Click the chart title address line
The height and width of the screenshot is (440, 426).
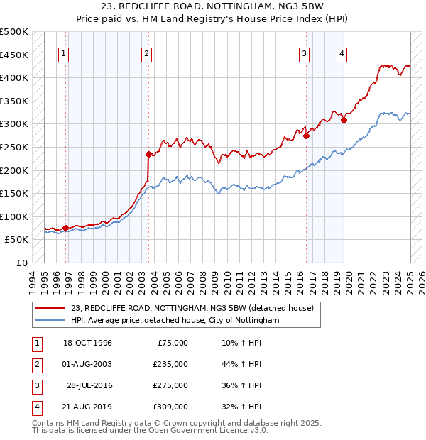(213, 6)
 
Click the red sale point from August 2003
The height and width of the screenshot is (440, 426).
(148, 154)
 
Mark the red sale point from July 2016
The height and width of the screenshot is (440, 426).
(306, 136)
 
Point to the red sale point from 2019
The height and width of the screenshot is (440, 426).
(344, 120)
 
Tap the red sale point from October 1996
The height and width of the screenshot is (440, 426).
(65, 228)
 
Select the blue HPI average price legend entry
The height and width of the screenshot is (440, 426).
(175, 321)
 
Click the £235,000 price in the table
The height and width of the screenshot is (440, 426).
(171, 364)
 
